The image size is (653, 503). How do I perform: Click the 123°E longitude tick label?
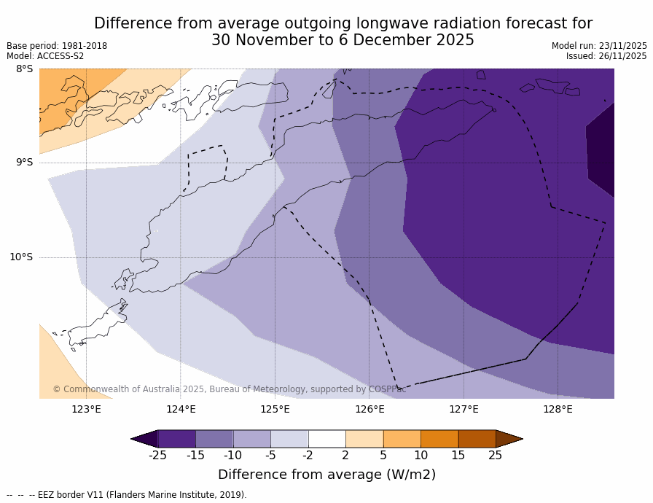point(86,409)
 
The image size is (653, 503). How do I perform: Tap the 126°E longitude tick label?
point(369,409)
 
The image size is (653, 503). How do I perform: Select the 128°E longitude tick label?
point(558,409)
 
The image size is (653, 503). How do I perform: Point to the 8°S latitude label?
point(24,69)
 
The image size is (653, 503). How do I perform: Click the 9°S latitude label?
point(24,163)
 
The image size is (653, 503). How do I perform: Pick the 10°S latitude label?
point(21,257)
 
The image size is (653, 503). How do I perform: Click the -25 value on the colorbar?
point(157,456)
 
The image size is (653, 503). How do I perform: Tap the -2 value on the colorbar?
point(308,456)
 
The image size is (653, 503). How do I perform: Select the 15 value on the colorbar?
point(458,456)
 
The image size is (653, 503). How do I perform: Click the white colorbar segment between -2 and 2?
point(326,439)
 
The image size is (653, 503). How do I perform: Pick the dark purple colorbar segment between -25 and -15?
point(176,439)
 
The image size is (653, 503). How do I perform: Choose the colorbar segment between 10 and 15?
point(439,439)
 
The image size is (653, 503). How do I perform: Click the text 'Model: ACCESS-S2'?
point(45,56)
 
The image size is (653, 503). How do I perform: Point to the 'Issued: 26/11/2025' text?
point(606,56)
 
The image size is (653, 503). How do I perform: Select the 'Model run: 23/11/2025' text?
point(599,46)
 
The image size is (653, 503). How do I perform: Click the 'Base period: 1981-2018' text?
point(57,46)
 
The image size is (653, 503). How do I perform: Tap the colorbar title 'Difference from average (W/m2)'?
point(326,475)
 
